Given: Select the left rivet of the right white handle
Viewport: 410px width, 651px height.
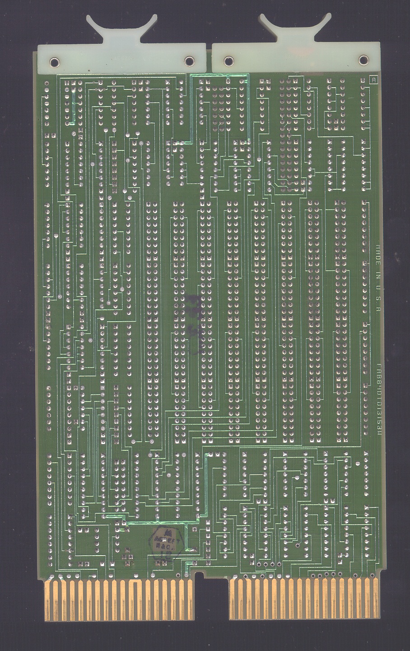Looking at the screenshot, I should tap(228, 61).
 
